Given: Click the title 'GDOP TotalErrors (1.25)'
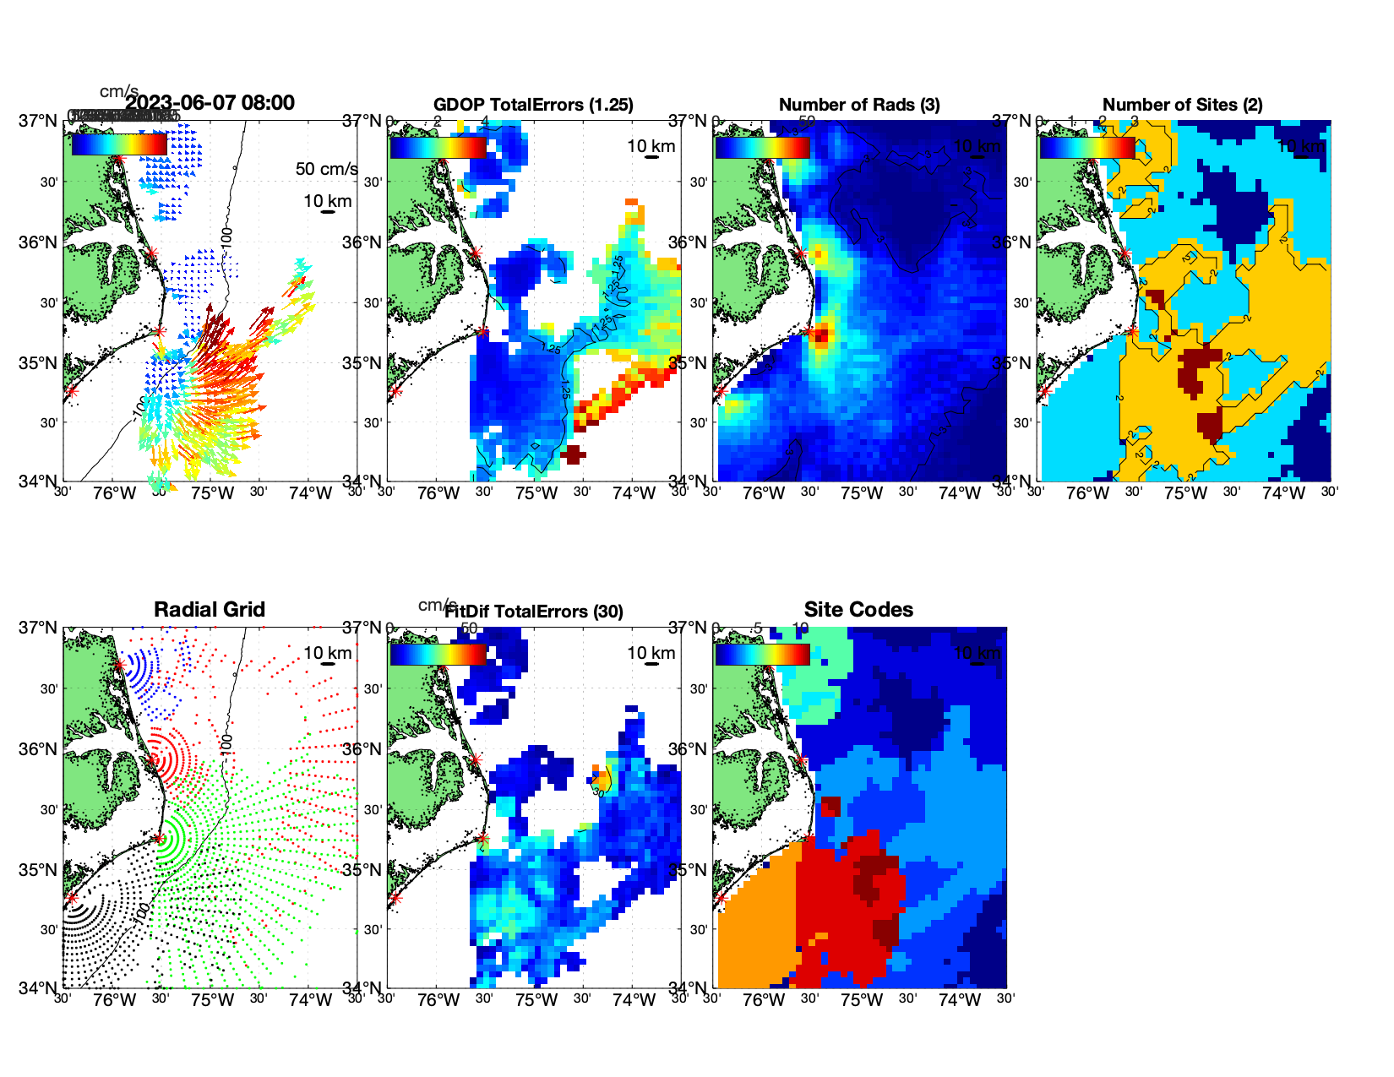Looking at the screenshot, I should pyautogui.click(x=533, y=105).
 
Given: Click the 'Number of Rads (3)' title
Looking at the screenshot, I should pyautogui.click(x=859, y=105).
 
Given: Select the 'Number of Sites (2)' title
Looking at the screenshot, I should pyautogui.click(x=1182, y=105).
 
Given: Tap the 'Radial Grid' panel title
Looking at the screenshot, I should pyautogui.click(x=210, y=610).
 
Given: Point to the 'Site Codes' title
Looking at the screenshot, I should pyautogui.click(x=858, y=610).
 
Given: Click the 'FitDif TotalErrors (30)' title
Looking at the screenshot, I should pyautogui.click(x=534, y=612).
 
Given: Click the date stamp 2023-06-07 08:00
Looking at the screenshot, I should pyautogui.click(x=210, y=103).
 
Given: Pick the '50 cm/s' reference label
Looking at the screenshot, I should pyautogui.click(x=326, y=169).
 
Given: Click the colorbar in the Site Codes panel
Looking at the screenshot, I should pyautogui.click(x=762, y=655).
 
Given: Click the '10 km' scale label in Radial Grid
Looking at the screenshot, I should pyautogui.click(x=327, y=653).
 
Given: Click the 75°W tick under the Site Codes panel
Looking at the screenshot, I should pyautogui.click(x=861, y=1000).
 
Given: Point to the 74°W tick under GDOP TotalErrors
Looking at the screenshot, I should pyautogui.click(x=634, y=493).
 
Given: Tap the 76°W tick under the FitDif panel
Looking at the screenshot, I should pyautogui.click(x=439, y=1000).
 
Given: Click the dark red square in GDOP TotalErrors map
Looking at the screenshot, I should pyautogui.click(x=572, y=454).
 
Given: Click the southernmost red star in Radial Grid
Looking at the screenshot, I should pyautogui.click(x=72, y=898).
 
